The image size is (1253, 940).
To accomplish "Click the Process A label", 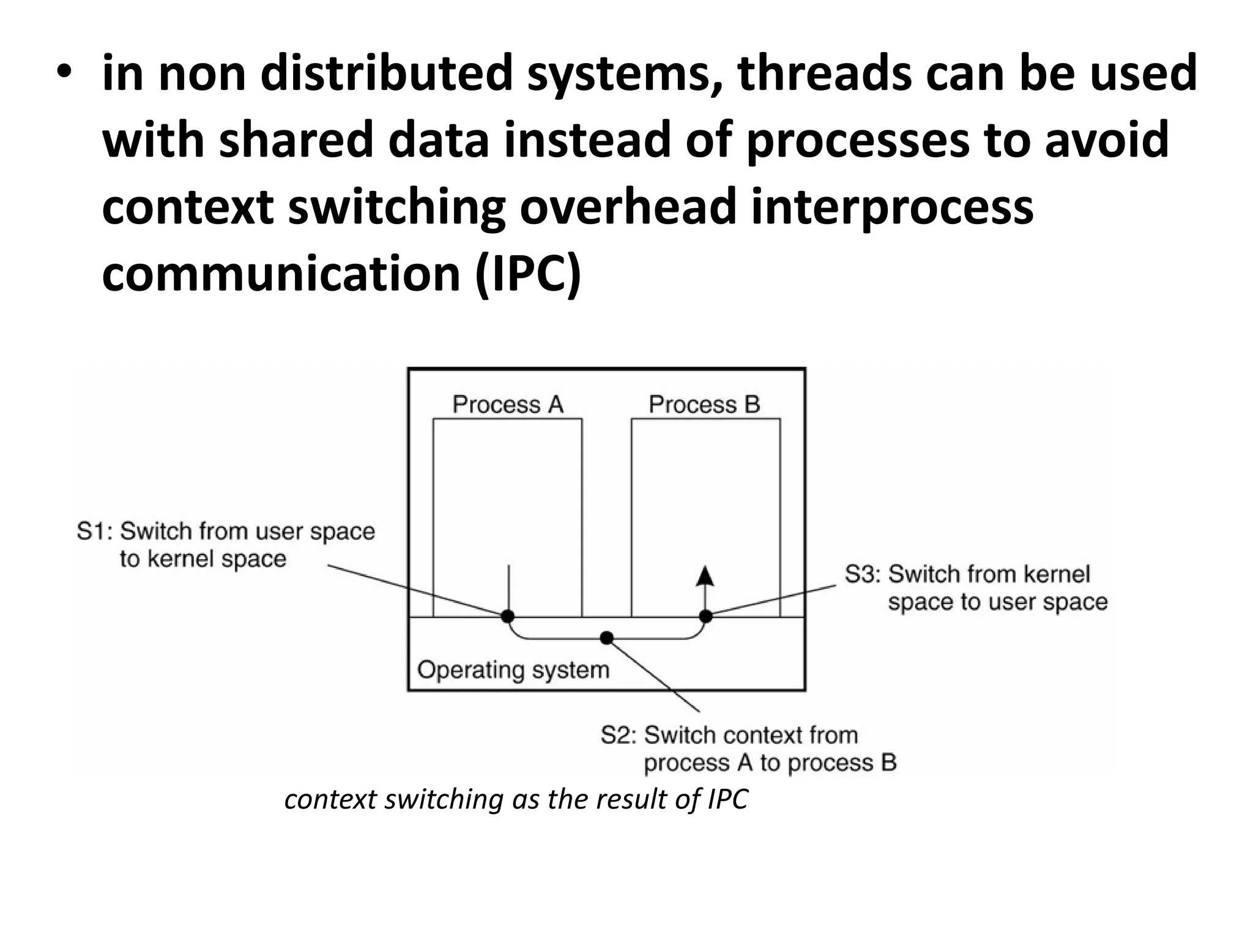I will tap(507, 405).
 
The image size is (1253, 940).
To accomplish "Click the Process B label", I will tap(704, 405).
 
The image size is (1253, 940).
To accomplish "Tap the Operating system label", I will tap(513, 670).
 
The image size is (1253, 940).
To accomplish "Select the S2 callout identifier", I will tap(618, 735).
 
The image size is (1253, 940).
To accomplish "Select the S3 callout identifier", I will tap(862, 574).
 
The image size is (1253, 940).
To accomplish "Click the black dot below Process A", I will tap(508, 616).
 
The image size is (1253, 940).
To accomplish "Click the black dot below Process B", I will tap(705, 616).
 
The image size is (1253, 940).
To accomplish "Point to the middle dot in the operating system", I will tap(606, 638).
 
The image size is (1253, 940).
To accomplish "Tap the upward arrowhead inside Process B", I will tap(705, 575).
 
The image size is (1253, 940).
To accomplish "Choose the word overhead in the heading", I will tap(627, 207).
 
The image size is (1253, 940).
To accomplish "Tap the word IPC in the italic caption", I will tap(727, 799).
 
